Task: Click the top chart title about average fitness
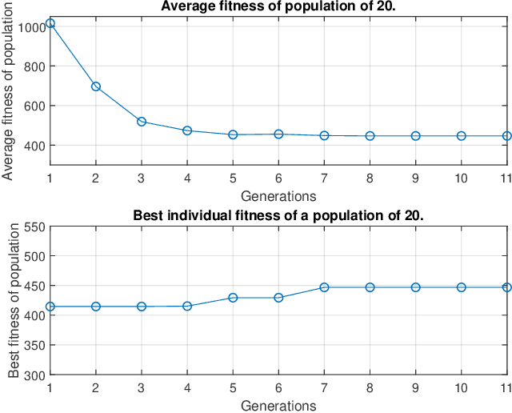278,7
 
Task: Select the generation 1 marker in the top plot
50,23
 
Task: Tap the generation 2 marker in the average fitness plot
95,86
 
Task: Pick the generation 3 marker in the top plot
142,122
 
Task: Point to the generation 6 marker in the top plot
278,134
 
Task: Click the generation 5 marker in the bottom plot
233,298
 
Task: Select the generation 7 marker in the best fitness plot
324,287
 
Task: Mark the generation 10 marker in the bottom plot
462,287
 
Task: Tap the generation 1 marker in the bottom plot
50,307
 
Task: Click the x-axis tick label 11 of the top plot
506,178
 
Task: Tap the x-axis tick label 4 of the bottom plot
187,388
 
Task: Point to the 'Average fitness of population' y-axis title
9,87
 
